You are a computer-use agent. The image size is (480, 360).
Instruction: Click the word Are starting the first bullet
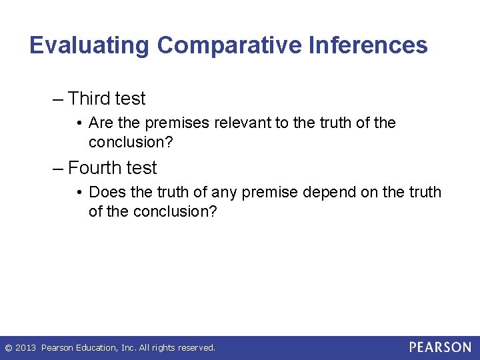tap(100, 123)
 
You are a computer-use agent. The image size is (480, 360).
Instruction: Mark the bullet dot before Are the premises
tap(79, 123)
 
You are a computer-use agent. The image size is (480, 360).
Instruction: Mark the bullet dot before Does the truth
tap(79, 193)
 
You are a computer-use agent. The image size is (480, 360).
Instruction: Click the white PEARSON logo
tap(440, 347)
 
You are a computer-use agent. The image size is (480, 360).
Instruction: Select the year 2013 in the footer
tap(25, 347)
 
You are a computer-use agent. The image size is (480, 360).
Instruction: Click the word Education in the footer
tap(97, 347)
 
